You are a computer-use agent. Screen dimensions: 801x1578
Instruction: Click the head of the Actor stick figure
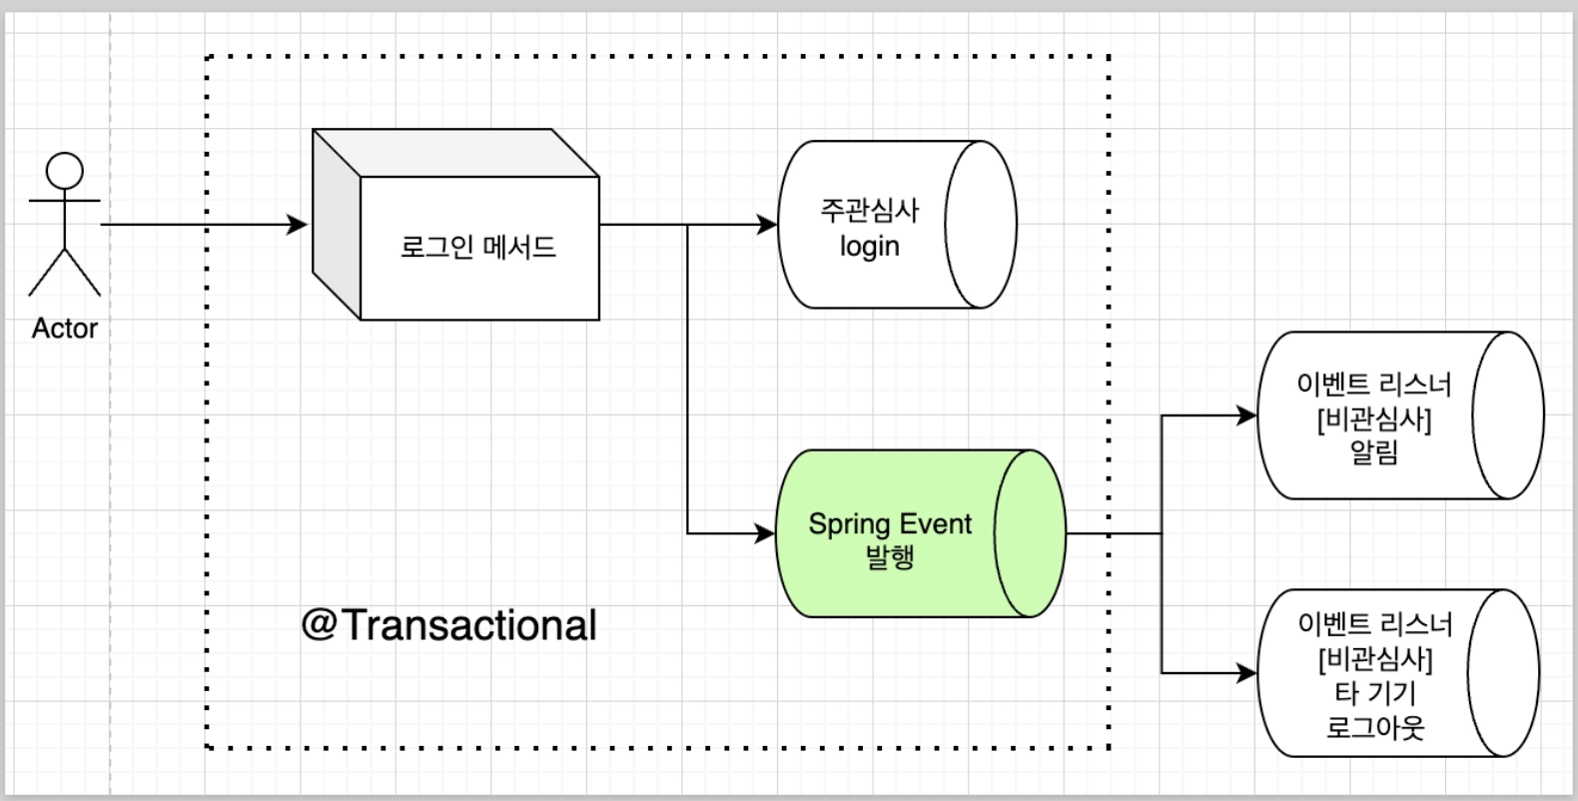(65, 171)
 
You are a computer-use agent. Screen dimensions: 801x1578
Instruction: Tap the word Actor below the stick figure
(65, 329)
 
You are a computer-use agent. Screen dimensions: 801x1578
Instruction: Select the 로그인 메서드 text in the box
(477, 247)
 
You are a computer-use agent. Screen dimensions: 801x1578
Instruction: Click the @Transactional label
(448, 625)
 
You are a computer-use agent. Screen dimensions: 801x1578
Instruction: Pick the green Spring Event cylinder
(889, 534)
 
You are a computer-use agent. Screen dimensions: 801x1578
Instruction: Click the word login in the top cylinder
(869, 247)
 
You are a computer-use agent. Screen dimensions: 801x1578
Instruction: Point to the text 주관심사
(869, 211)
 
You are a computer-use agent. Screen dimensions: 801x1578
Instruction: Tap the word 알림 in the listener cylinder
(1373, 452)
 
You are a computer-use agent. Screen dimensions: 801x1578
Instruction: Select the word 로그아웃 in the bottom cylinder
(1374, 727)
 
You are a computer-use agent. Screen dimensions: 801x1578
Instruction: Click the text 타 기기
(1374, 693)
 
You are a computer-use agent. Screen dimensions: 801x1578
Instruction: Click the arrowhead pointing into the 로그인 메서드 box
(299, 225)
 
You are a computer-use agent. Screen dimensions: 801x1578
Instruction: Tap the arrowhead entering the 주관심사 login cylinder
(768, 225)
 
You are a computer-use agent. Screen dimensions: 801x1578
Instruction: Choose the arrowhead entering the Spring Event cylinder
(766, 534)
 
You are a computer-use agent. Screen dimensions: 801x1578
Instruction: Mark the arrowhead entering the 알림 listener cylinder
(1247, 415)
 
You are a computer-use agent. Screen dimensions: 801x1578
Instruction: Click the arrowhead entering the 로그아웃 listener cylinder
(1247, 674)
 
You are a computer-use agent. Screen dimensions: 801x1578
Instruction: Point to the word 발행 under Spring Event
(889, 556)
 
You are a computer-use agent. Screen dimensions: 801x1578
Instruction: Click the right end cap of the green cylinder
(1030, 533)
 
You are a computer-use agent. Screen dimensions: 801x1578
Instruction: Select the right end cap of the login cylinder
(981, 225)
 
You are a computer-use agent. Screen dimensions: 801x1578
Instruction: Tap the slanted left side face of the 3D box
(336, 225)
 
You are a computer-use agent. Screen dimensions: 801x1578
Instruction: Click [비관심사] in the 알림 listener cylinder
(1373, 419)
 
